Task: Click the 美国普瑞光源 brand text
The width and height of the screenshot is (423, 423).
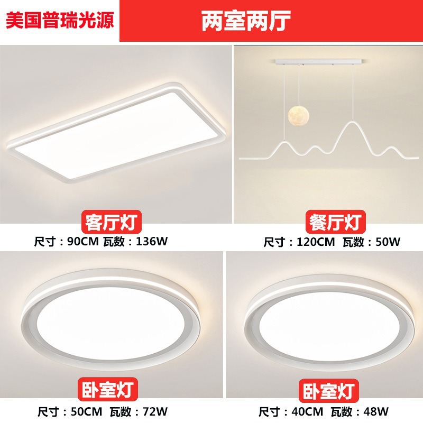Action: click(x=60, y=20)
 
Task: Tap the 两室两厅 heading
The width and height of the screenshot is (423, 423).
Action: click(x=246, y=21)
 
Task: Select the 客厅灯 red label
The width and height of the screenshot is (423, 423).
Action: click(x=112, y=222)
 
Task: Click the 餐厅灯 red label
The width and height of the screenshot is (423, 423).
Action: click(x=335, y=222)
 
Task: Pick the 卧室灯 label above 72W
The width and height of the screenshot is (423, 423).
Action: click(x=108, y=389)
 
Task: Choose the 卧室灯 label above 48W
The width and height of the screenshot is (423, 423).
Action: click(x=328, y=390)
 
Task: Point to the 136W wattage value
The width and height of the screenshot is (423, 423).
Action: click(x=152, y=241)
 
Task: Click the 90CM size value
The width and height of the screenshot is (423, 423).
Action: click(x=83, y=241)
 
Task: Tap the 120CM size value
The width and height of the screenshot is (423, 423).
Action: click(x=316, y=242)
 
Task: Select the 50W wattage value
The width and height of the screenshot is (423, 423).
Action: click(x=388, y=242)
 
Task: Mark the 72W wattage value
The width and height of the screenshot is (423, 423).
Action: click(x=155, y=412)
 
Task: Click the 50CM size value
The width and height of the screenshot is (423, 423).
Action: click(x=86, y=412)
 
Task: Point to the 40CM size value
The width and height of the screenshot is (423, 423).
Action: click(x=307, y=412)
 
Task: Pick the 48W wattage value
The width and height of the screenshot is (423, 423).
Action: click(x=376, y=412)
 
